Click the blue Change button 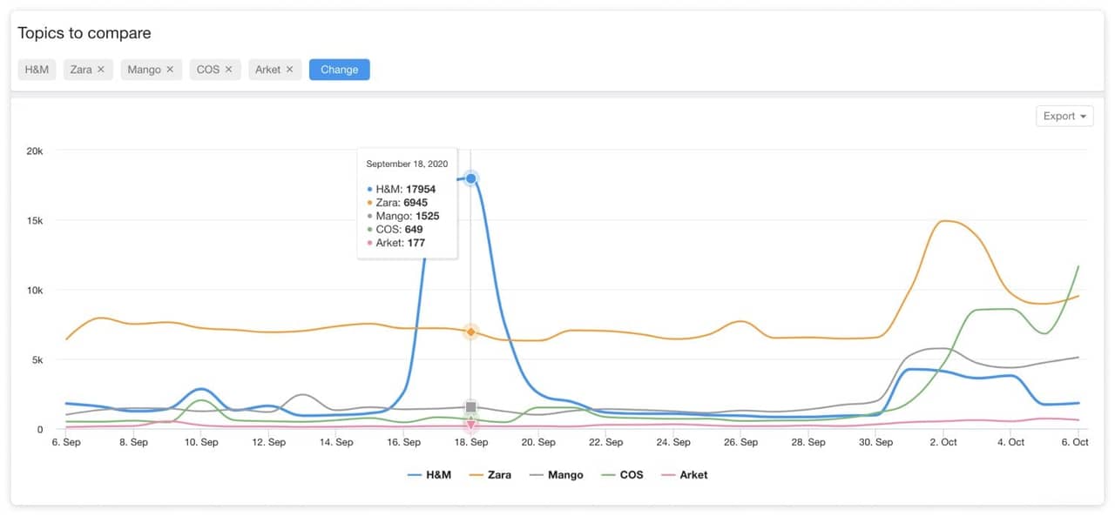point(339,70)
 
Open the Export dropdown point(1064,116)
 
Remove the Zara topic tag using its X point(101,70)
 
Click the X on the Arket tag point(289,70)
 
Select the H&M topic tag point(37,70)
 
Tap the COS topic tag point(208,70)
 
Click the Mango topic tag point(144,70)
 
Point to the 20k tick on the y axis point(35,151)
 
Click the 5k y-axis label point(37,359)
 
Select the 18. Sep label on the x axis point(471,442)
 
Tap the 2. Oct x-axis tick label point(943,442)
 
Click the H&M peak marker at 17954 point(471,178)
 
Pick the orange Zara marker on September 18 point(471,332)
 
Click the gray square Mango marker point(471,407)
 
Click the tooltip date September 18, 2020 point(407,164)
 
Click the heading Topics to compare point(84,33)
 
